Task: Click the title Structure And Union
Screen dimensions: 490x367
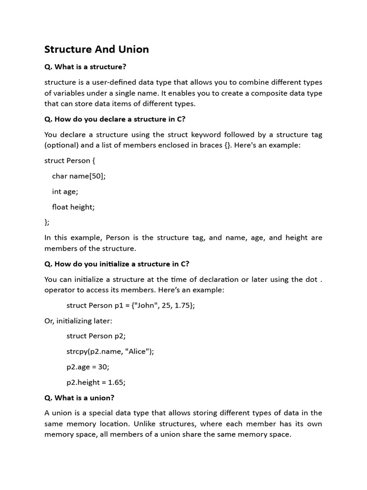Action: coord(97,49)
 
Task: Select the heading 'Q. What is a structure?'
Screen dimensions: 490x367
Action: coord(85,67)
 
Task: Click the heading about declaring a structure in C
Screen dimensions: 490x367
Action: coord(115,119)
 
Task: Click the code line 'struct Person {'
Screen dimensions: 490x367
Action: coord(70,160)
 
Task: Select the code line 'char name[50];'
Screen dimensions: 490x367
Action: coord(78,176)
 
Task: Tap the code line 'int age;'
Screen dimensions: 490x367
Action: coord(65,191)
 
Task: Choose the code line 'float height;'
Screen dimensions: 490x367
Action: coord(73,207)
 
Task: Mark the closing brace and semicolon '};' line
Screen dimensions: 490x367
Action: coord(47,222)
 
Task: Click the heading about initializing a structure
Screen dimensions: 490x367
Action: coord(117,264)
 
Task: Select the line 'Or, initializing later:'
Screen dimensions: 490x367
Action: coord(78,321)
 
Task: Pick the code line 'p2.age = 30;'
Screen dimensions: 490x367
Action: coord(88,367)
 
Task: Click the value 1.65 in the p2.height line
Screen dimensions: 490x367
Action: coord(116,382)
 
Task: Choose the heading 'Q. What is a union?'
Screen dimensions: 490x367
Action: coord(79,398)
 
